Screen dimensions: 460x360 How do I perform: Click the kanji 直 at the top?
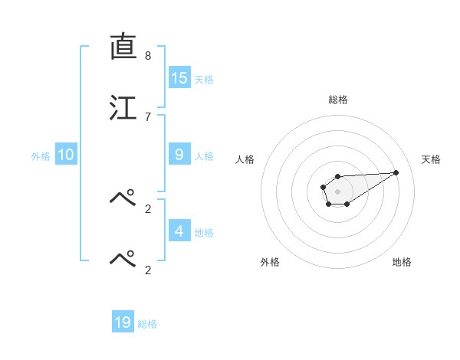pyautogui.click(x=123, y=47)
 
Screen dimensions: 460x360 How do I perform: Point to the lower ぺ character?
pyautogui.click(x=123, y=259)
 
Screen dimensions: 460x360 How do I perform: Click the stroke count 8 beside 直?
pyautogui.click(x=148, y=56)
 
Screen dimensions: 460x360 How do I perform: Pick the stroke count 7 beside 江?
pyautogui.click(x=148, y=116)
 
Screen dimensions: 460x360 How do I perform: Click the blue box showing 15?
pyautogui.click(x=179, y=77)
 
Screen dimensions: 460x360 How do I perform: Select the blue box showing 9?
pyautogui.click(x=179, y=154)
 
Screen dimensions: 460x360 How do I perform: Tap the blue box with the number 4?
pyautogui.click(x=179, y=231)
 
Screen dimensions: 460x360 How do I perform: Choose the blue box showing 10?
pyautogui.click(x=66, y=155)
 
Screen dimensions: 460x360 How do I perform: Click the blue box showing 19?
pyautogui.click(x=123, y=322)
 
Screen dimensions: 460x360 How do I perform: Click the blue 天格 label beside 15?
pyautogui.click(x=204, y=80)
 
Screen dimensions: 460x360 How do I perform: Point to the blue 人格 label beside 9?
pyautogui.click(x=204, y=156)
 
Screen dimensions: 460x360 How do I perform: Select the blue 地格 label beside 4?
pyautogui.click(x=204, y=233)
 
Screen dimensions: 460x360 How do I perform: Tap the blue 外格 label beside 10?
pyautogui.click(x=41, y=156)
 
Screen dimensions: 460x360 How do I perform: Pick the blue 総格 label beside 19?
pyautogui.click(x=147, y=325)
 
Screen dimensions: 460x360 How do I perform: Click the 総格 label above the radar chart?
pyautogui.click(x=338, y=100)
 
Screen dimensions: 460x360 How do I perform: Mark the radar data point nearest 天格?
pyautogui.click(x=396, y=172)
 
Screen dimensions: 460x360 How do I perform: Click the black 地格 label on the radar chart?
pyautogui.click(x=402, y=262)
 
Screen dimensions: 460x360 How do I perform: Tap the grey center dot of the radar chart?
pyautogui.click(x=337, y=190)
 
